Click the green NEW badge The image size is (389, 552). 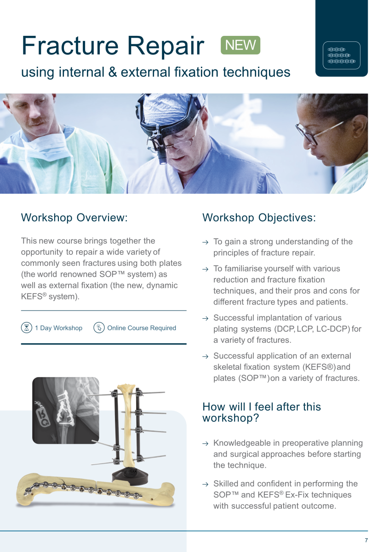click(240, 45)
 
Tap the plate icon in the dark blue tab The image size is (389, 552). click(342, 55)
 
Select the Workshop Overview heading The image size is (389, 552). click(74, 218)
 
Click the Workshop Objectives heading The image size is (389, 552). click(259, 218)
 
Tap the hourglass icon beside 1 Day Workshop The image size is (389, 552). click(27, 328)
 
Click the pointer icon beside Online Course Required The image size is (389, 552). click(99, 328)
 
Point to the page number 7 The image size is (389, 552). click(366, 540)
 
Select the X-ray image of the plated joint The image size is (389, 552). click(66, 410)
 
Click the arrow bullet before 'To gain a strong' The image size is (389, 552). click(205, 242)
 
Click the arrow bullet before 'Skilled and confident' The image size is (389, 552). click(205, 484)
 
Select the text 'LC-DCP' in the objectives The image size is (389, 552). click(332, 329)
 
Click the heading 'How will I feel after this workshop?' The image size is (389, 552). click(262, 412)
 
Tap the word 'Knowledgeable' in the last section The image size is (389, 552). click(246, 443)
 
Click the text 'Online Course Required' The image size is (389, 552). click(142, 328)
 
